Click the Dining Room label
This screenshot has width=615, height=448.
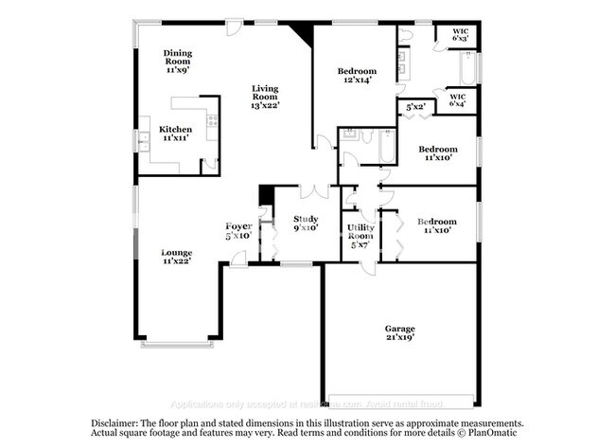(x=177, y=57)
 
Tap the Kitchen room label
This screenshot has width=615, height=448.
(x=175, y=130)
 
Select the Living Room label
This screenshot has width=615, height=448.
(x=264, y=93)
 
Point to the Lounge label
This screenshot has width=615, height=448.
(x=176, y=253)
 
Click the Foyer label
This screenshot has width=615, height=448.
(x=237, y=225)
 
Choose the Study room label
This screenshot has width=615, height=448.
(x=305, y=219)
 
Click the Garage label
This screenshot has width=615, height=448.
(x=399, y=327)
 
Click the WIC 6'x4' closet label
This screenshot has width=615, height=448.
(x=458, y=97)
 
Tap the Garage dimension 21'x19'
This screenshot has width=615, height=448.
(x=399, y=336)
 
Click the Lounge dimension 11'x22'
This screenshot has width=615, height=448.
(x=176, y=262)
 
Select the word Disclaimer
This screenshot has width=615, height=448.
(x=114, y=423)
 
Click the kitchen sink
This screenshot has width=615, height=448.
(x=145, y=138)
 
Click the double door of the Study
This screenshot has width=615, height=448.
(x=313, y=192)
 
